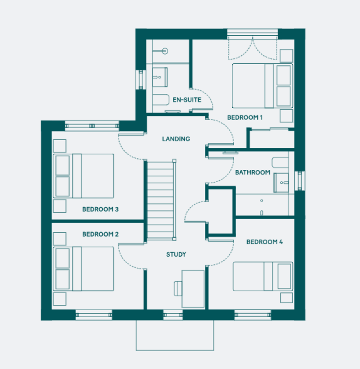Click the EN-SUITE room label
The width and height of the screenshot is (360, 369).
[x=187, y=100]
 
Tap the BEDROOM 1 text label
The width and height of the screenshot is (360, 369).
[x=245, y=117]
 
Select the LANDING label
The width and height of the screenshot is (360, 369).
[x=176, y=139]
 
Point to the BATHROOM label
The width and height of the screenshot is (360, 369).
[x=252, y=173]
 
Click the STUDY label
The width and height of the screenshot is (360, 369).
[x=176, y=255]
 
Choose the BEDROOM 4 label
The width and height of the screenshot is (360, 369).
[x=264, y=242]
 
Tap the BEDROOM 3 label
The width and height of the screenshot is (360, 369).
[x=100, y=209]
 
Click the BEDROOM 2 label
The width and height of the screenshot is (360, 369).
[x=100, y=234]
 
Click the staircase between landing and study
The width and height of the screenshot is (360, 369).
[x=160, y=200]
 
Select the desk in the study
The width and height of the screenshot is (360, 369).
[x=193, y=289]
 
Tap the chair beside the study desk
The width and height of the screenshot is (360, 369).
[x=178, y=289]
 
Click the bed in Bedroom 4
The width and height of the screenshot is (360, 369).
[x=263, y=276]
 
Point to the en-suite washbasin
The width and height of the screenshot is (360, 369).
[x=160, y=77]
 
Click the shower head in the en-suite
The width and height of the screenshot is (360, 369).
[x=165, y=51]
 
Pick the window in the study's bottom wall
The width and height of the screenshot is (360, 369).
[x=173, y=315]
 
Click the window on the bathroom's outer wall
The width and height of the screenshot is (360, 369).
[x=300, y=181]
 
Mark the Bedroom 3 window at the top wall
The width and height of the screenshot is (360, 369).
[x=92, y=126]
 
